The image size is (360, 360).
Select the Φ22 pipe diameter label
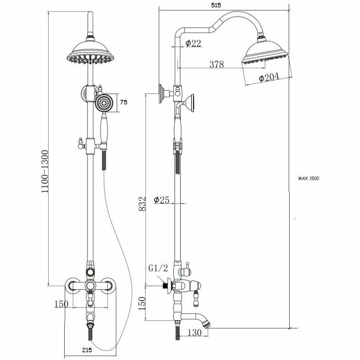tap(192, 43)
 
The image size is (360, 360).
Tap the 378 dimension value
tap(216, 65)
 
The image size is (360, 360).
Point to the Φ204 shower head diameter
tap(269, 79)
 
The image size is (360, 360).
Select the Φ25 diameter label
tap(161, 199)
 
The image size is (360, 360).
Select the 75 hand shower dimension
tap(123, 102)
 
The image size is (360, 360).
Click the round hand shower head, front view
tap(103, 103)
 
